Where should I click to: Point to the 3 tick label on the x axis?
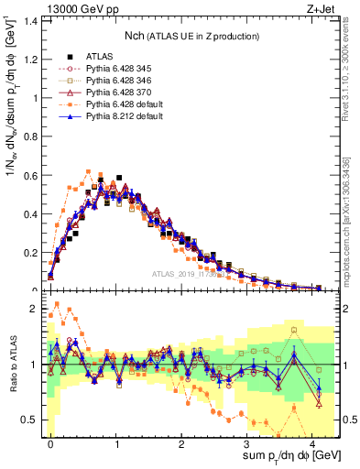[248, 441]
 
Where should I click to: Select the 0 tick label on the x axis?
[50, 441]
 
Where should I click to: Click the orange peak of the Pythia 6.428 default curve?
[89, 171]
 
